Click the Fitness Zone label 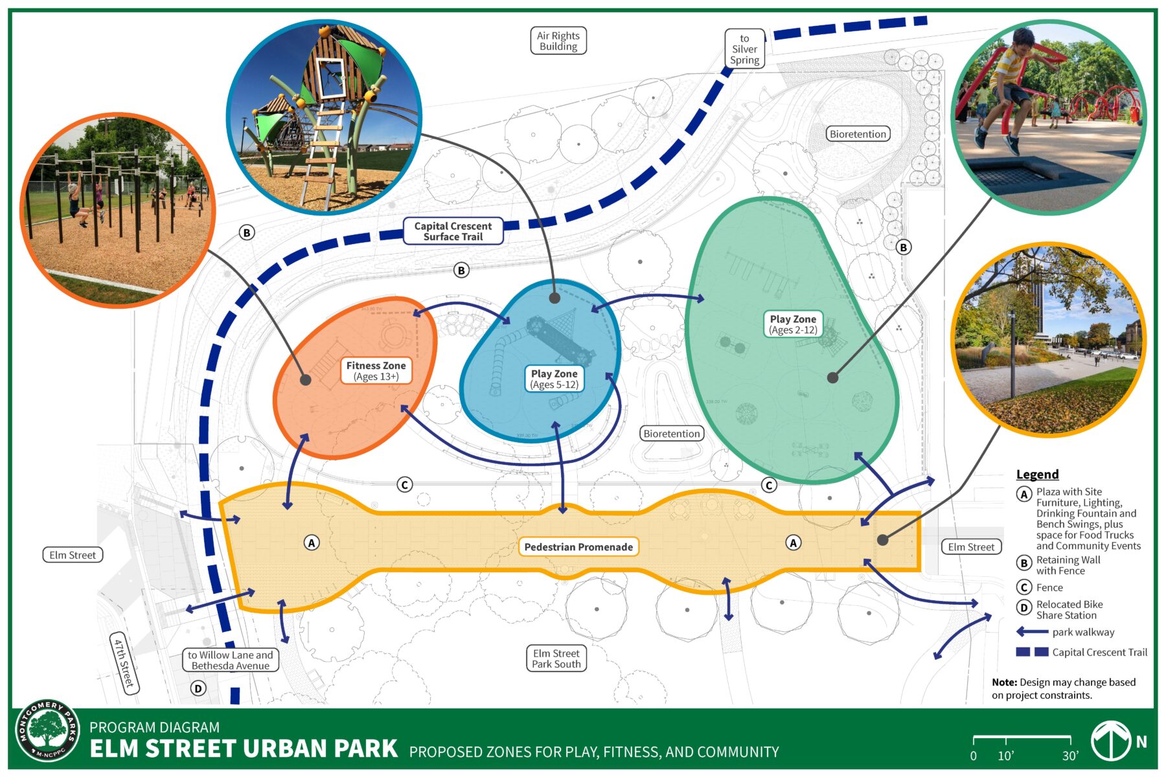(x=376, y=371)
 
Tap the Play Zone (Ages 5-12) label (x=554, y=379)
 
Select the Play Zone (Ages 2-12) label (x=793, y=324)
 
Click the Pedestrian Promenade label (x=578, y=547)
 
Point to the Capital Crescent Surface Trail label (x=453, y=231)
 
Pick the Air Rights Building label (x=558, y=41)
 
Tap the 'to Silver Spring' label (x=744, y=49)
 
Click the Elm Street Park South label (x=556, y=659)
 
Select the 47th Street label (x=124, y=663)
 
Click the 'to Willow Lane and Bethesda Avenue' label (x=231, y=660)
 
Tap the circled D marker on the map (x=198, y=688)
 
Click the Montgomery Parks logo (x=47, y=731)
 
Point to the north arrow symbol (x=1112, y=741)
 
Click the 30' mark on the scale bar (x=1069, y=755)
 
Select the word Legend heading (x=1037, y=474)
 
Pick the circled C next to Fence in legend (x=1024, y=587)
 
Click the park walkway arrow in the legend (x=1032, y=632)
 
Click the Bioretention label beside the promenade (x=672, y=434)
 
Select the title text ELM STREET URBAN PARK (x=244, y=749)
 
